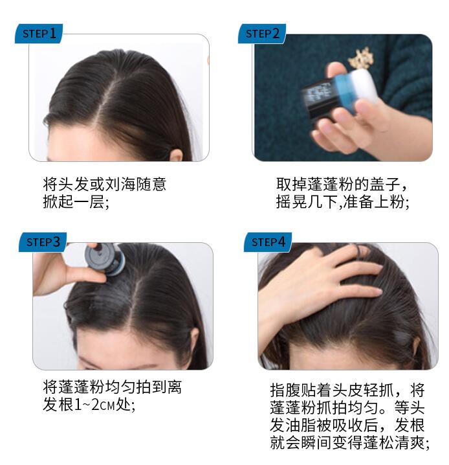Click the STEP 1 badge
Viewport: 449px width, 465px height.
click(x=39, y=34)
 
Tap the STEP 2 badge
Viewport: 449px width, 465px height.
click(x=262, y=34)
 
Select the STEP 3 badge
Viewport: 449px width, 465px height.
click(x=43, y=242)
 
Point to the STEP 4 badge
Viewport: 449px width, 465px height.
click(x=268, y=242)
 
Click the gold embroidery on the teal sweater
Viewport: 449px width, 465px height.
click(x=361, y=58)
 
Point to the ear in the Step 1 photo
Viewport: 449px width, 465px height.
click(x=176, y=155)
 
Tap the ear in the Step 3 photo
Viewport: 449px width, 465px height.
click(x=195, y=339)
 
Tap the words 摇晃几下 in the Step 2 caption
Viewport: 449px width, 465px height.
click(x=307, y=202)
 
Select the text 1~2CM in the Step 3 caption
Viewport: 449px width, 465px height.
click(x=94, y=405)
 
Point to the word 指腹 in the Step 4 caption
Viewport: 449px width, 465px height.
click(x=285, y=391)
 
